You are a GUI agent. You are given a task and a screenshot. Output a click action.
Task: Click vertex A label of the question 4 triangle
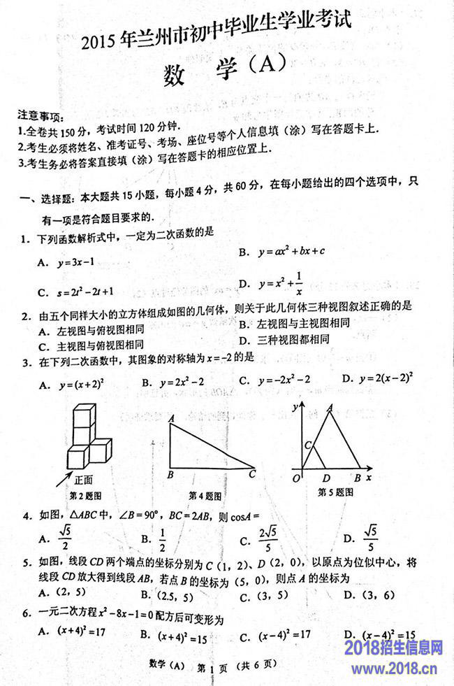[x=170, y=418]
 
